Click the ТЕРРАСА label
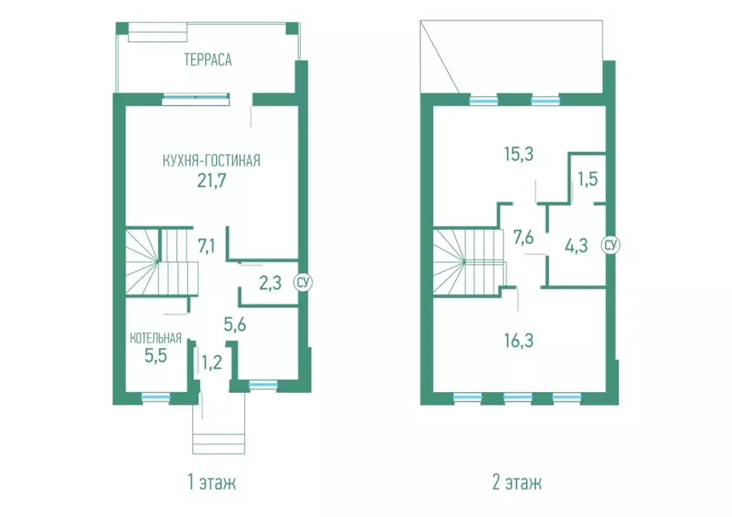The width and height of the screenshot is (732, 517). point(208,60)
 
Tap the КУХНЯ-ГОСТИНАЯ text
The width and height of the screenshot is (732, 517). point(212,161)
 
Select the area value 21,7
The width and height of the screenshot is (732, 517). point(212,180)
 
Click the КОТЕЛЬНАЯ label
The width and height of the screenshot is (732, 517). point(155,338)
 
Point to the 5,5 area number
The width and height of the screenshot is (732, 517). point(155,356)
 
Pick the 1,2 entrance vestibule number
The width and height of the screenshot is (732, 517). point(212,362)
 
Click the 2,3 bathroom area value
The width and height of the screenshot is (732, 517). point(270,283)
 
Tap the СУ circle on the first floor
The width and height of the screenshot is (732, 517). point(303,282)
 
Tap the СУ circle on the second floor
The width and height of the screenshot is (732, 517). point(610,244)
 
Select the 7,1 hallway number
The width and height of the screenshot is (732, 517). point(207,246)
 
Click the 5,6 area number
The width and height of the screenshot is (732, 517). point(234,324)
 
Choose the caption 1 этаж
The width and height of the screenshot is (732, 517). point(212,483)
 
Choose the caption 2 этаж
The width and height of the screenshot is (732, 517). point(518,483)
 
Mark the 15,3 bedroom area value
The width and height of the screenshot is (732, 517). point(519,154)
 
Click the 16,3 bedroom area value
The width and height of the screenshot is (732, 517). point(519,341)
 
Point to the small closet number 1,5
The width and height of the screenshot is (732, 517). point(588,179)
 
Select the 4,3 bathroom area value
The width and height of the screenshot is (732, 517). point(576,246)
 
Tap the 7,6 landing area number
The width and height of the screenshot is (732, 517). point(523,237)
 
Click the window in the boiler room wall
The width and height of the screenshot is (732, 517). point(156,398)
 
